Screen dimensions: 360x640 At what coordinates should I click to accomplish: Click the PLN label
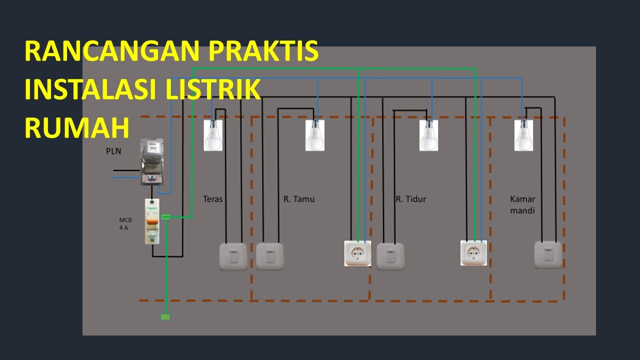point(113,150)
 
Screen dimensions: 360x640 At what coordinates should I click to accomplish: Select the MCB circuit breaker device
point(152,221)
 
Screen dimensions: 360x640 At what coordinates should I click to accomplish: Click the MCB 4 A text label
point(124,223)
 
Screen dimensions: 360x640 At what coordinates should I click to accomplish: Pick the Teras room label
point(213,199)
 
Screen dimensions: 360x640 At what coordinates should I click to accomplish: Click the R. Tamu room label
point(299,199)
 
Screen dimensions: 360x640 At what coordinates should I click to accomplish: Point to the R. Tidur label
point(411,199)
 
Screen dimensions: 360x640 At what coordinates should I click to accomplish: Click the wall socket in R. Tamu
point(357,253)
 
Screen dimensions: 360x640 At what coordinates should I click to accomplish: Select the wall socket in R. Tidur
point(473,253)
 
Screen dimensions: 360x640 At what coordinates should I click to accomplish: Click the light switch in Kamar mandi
point(547,255)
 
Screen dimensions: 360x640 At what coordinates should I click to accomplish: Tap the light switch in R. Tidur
point(390,256)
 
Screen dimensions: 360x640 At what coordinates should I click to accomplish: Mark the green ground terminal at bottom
point(165,316)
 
